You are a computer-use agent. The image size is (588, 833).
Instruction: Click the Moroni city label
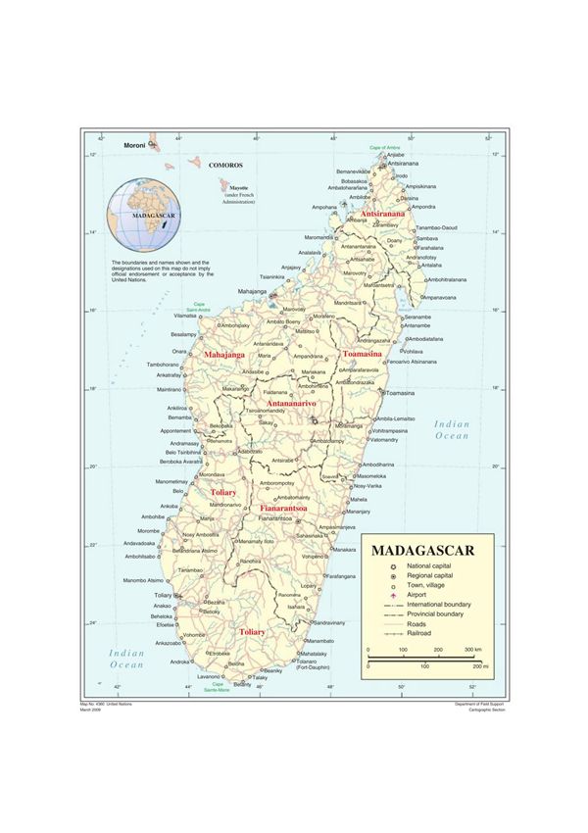click(134, 145)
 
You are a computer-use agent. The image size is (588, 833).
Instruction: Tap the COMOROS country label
click(225, 166)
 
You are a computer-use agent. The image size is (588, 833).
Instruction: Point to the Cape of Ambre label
click(387, 147)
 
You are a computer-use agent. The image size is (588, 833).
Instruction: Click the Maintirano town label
click(171, 390)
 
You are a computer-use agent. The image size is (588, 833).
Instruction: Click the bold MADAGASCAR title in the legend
click(421, 550)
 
